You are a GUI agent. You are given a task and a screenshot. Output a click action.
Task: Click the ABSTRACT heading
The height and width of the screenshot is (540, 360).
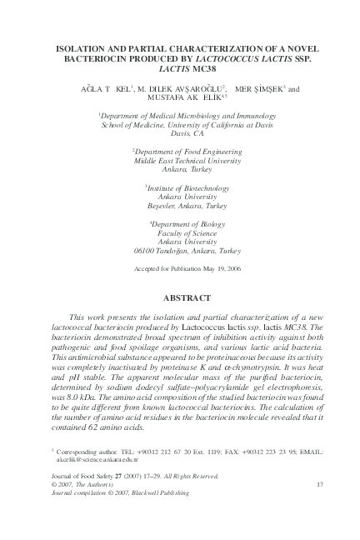click(x=180, y=297)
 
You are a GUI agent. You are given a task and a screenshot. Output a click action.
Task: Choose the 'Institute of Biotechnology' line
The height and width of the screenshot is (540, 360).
click(x=181, y=188)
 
